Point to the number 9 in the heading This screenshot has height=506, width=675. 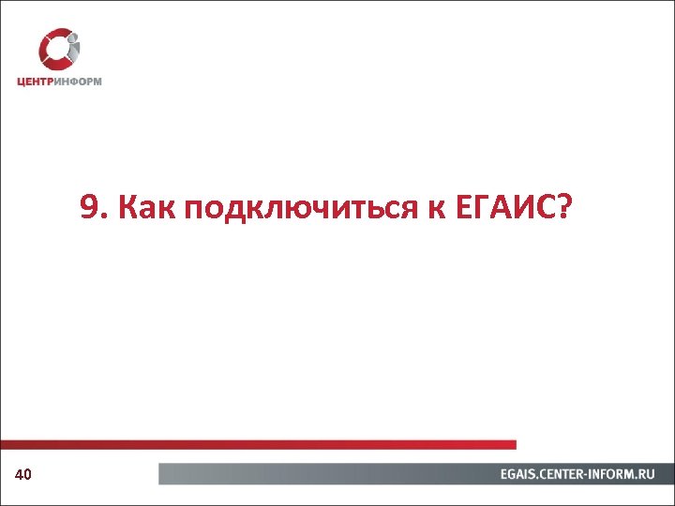point(88,207)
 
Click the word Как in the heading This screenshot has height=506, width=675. point(142,207)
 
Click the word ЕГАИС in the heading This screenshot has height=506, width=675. point(502,207)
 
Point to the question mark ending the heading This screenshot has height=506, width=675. point(562,207)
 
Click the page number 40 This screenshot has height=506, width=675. point(23,476)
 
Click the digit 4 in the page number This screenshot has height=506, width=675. point(20,476)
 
